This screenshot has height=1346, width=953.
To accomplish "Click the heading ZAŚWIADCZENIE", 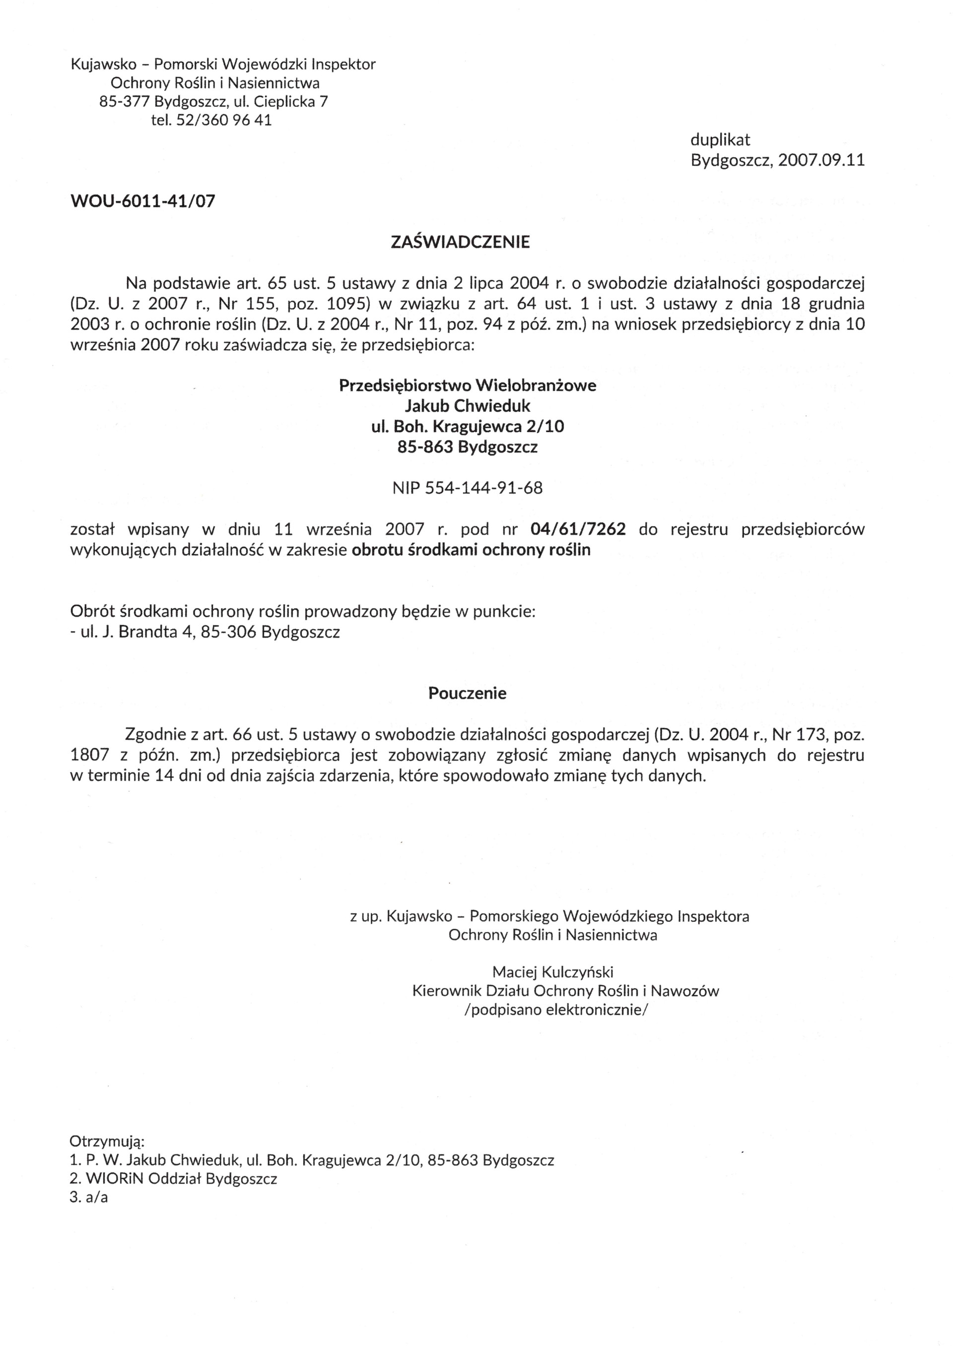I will tap(460, 242).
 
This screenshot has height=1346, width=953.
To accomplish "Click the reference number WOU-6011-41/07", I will tap(142, 201).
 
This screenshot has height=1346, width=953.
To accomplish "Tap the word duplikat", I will tap(720, 139).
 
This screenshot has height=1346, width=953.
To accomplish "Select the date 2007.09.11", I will tap(821, 160).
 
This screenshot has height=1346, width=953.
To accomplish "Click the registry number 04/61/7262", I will tap(578, 529).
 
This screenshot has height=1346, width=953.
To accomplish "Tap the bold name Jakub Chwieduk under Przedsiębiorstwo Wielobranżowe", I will tap(468, 405).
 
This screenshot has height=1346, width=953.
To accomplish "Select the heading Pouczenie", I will tap(467, 693).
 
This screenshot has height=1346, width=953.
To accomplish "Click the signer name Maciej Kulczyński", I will tap(553, 972).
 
